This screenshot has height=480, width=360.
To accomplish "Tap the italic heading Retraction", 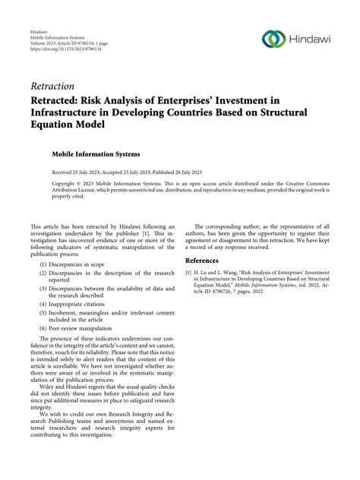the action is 54,86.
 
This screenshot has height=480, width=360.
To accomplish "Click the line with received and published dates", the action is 125,173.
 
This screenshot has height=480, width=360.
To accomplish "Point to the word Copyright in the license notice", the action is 65,184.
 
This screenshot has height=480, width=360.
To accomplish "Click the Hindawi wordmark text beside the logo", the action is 308,39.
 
